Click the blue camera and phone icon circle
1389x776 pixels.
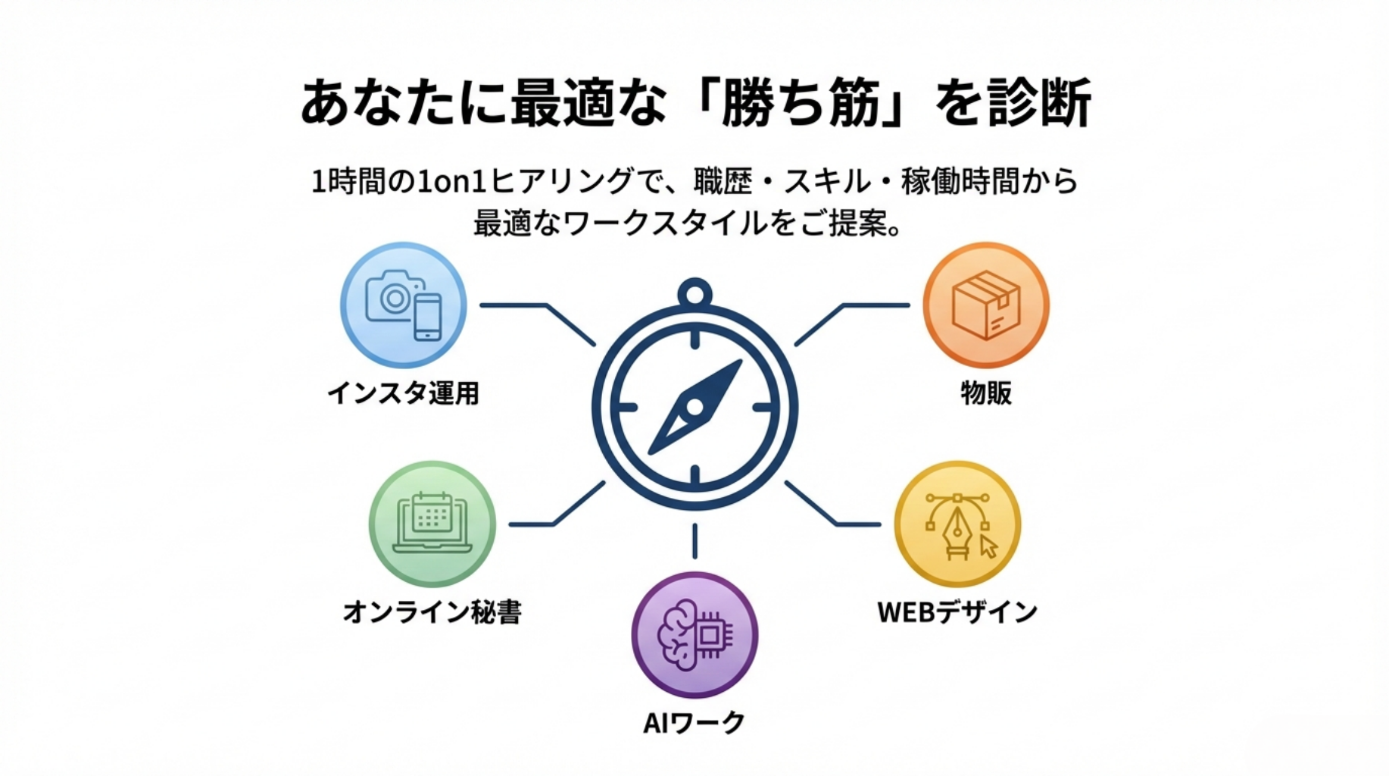coord(403,305)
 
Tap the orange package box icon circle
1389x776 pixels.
coord(985,305)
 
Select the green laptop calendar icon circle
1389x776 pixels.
coord(432,524)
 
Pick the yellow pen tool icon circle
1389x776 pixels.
coord(957,524)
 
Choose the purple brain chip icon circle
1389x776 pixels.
coord(694,634)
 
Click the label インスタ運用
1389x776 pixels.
coord(403,393)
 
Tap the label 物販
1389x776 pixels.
coord(985,393)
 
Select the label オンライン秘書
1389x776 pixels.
coord(432,612)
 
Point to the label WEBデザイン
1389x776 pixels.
coord(957,612)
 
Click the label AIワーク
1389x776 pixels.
coord(694,723)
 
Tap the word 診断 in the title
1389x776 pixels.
coord(1038,103)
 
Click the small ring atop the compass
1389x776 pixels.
coord(694,292)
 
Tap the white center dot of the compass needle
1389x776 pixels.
coord(694,408)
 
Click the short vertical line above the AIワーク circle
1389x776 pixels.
coord(694,540)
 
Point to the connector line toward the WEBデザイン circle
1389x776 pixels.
coord(848,523)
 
